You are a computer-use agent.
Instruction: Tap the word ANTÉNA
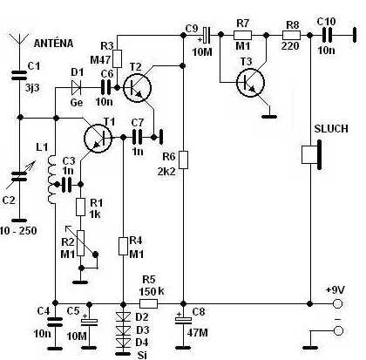[x=53, y=44]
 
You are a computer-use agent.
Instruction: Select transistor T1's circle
[x=98, y=139]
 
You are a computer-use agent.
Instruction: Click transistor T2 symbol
[x=137, y=87]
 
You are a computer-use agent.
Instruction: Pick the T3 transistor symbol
[x=250, y=83]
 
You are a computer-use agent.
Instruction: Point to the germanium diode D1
[x=77, y=87]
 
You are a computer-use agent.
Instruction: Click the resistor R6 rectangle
[x=183, y=160]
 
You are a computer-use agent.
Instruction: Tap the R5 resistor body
[x=149, y=304]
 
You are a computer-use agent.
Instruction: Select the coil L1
[x=51, y=180]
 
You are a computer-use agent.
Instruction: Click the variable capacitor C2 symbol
[x=19, y=176]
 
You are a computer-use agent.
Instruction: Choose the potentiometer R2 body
[x=81, y=243]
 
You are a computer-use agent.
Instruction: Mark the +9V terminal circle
[x=337, y=304]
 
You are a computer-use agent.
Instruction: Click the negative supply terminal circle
[x=338, y=330]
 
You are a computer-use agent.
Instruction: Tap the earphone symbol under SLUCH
[x=312, y=155]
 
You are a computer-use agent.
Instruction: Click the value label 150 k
[x=152, y=291]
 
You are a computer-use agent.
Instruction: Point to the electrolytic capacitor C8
[x=183, y=320]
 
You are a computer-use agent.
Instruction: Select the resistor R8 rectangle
[x=292, y=36]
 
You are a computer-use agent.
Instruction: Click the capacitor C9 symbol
[x=206, y=35]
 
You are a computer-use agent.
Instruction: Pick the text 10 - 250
[x=18, y=231]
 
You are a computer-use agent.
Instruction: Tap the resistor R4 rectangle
[x=124, y=247]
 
